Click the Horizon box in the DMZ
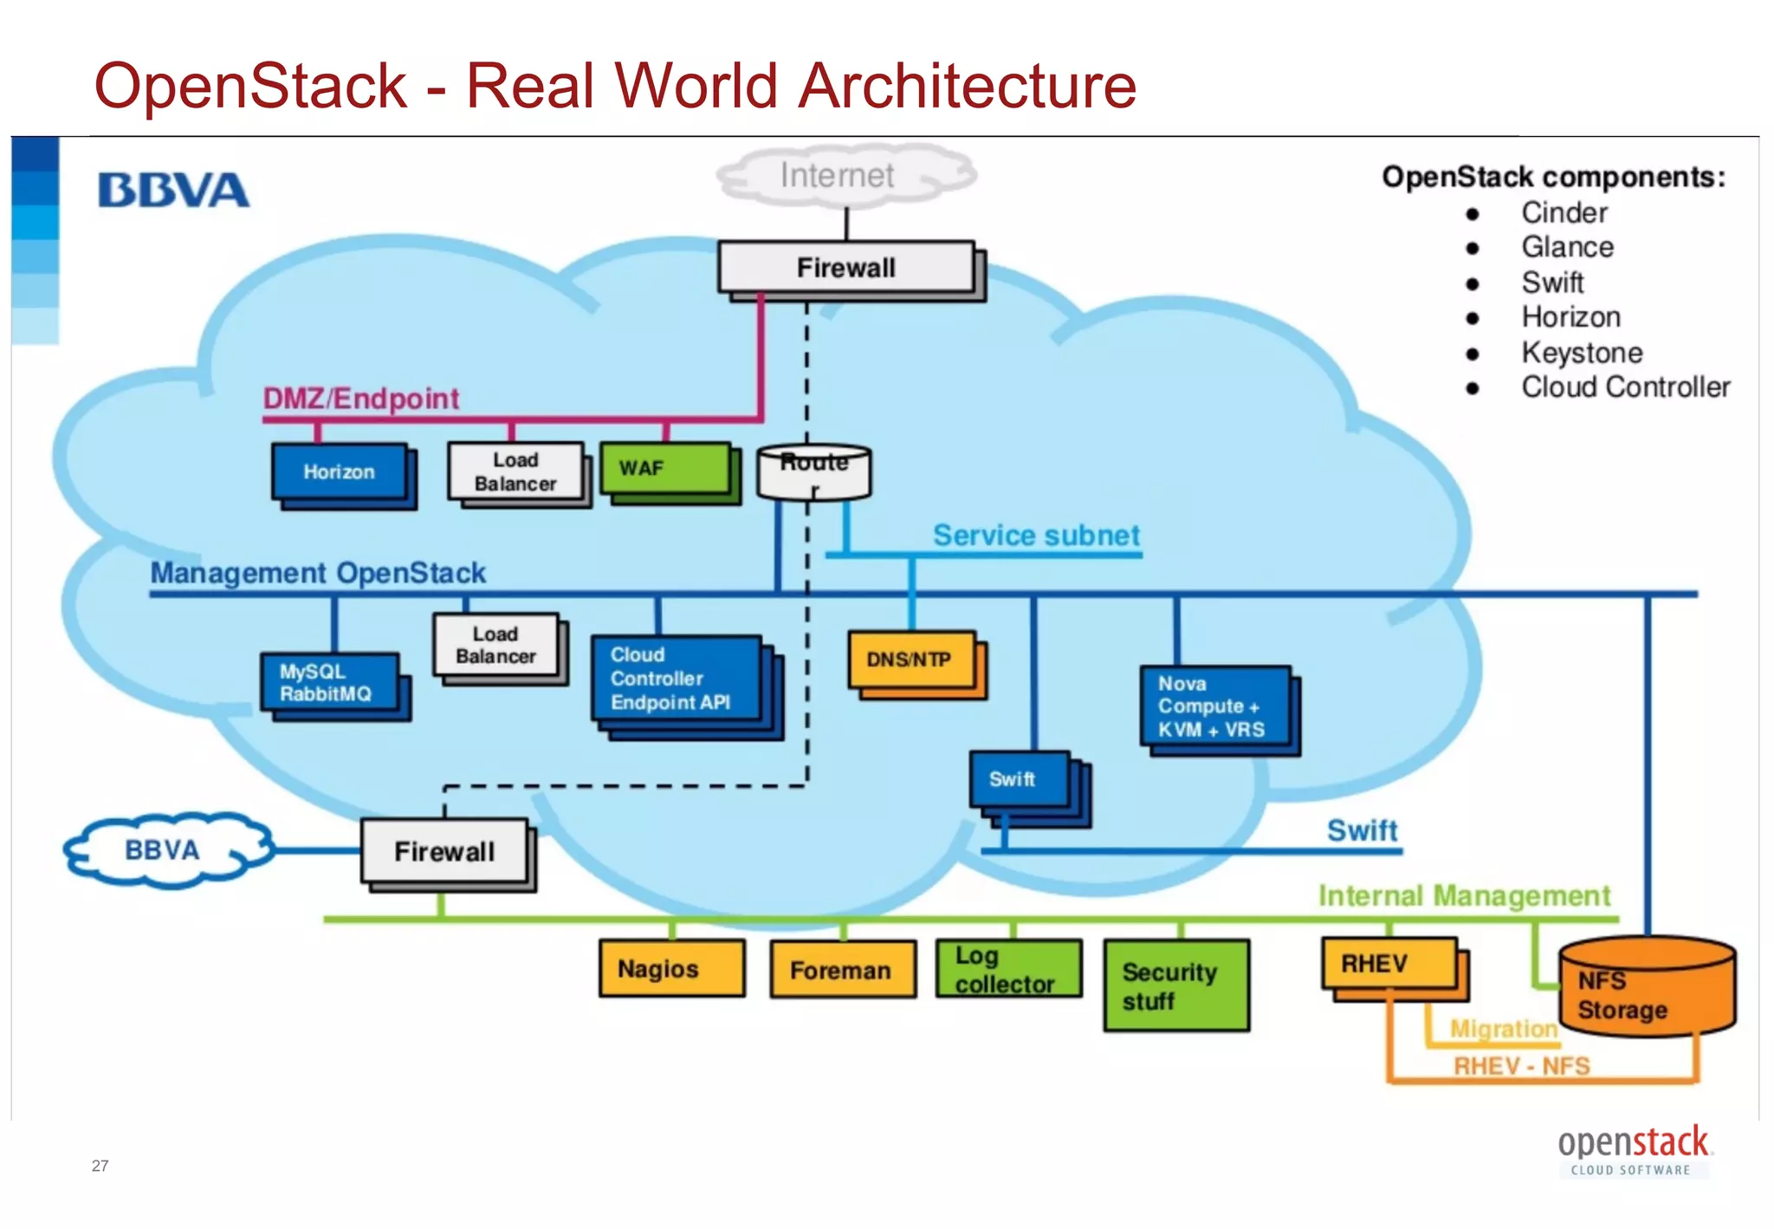(x=340, y=472)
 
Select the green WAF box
(x=665, y=469)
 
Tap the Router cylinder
(x=813, y=473)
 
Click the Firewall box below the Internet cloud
(x=846, y=268)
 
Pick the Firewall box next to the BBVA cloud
(x=444, y=851)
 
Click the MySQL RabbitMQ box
(x=330, y=683)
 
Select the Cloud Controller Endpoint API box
(x=677, y=679)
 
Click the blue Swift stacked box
(x=1020, y=780)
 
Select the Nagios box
(x=671, y=968)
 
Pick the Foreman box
(x=842, y=970)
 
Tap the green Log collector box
(x=1008, y=969)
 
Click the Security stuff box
(x=1175, y=985)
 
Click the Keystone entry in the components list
(x=1582, y=353)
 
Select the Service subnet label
(x=1036, y=536)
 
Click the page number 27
(x=100, y=1166)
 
